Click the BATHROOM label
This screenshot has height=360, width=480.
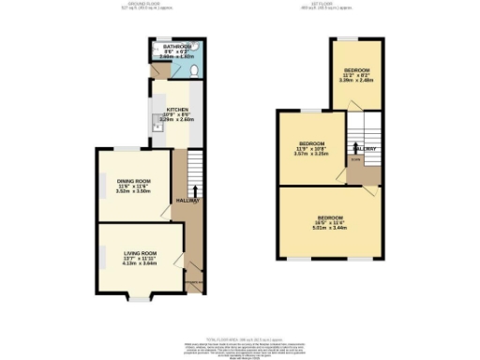tap(176, 46)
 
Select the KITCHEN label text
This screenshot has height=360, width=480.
tap(176, 110)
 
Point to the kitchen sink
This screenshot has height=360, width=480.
tap(157, 121)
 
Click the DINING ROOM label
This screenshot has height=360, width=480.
tap(133, 180)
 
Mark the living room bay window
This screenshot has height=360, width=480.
tap(139, 298)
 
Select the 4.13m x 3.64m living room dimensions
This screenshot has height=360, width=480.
tap(139, 263)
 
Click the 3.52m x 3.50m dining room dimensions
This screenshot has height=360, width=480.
tap(133, 190)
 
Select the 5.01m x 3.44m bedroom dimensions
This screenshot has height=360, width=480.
tap(329, 227)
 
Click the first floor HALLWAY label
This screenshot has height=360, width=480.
tap(365, 148)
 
